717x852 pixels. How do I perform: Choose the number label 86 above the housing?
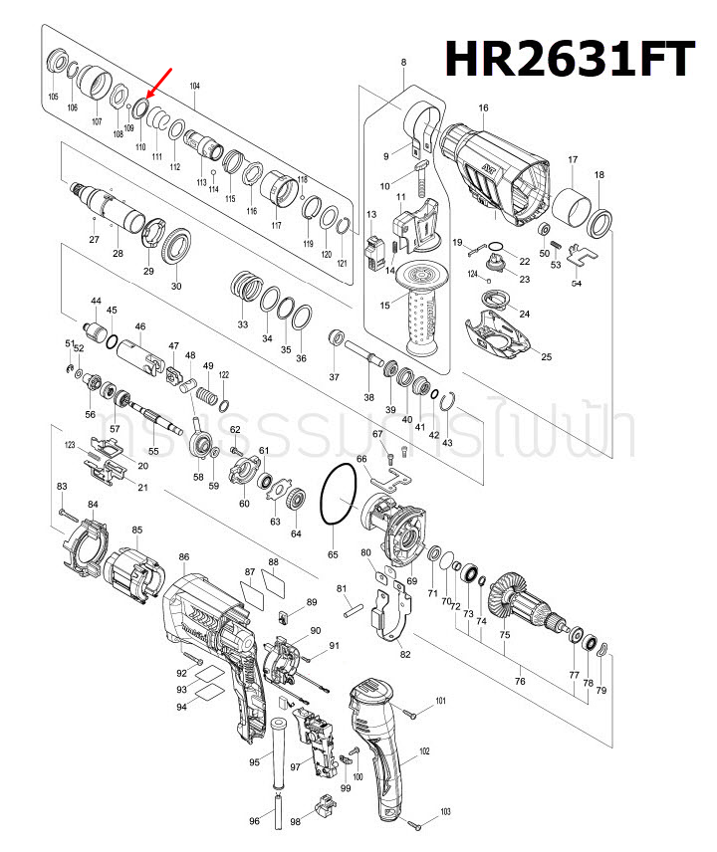(184, 556)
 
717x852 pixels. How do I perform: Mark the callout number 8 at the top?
(403, 64)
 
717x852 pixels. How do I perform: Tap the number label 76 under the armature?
(520, 681)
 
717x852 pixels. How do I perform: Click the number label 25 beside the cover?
(545, 357)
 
